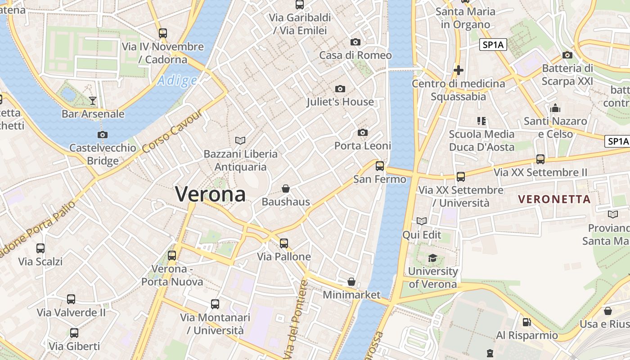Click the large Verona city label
click(x=210, y=194)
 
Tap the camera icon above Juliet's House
click(x=340, y=89)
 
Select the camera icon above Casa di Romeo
click(x=355, y=42)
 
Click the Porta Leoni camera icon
click(x=362, y=132)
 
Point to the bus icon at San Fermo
click(x=380, y=166)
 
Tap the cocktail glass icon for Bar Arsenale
click(x=93, y=100)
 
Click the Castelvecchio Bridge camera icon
click(x=103, y=135)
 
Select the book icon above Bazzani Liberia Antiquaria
click(x=240, y=140)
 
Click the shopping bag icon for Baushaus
click(x=285, y=189)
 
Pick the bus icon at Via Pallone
click(x=283, y=243)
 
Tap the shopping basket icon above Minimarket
click(x=351, y=282)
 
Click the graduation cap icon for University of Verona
click(x=432, y=258)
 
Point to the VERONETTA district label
click(x=554, y=199)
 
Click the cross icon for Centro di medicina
click(x=459, y=70)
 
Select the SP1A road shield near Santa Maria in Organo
click(x=493, y=45)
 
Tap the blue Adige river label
click(x=177, y=81)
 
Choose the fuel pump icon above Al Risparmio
click(x=526, y=322)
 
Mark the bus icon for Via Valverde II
click(x=71, y=299)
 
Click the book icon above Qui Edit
click(x=422, y=221)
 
